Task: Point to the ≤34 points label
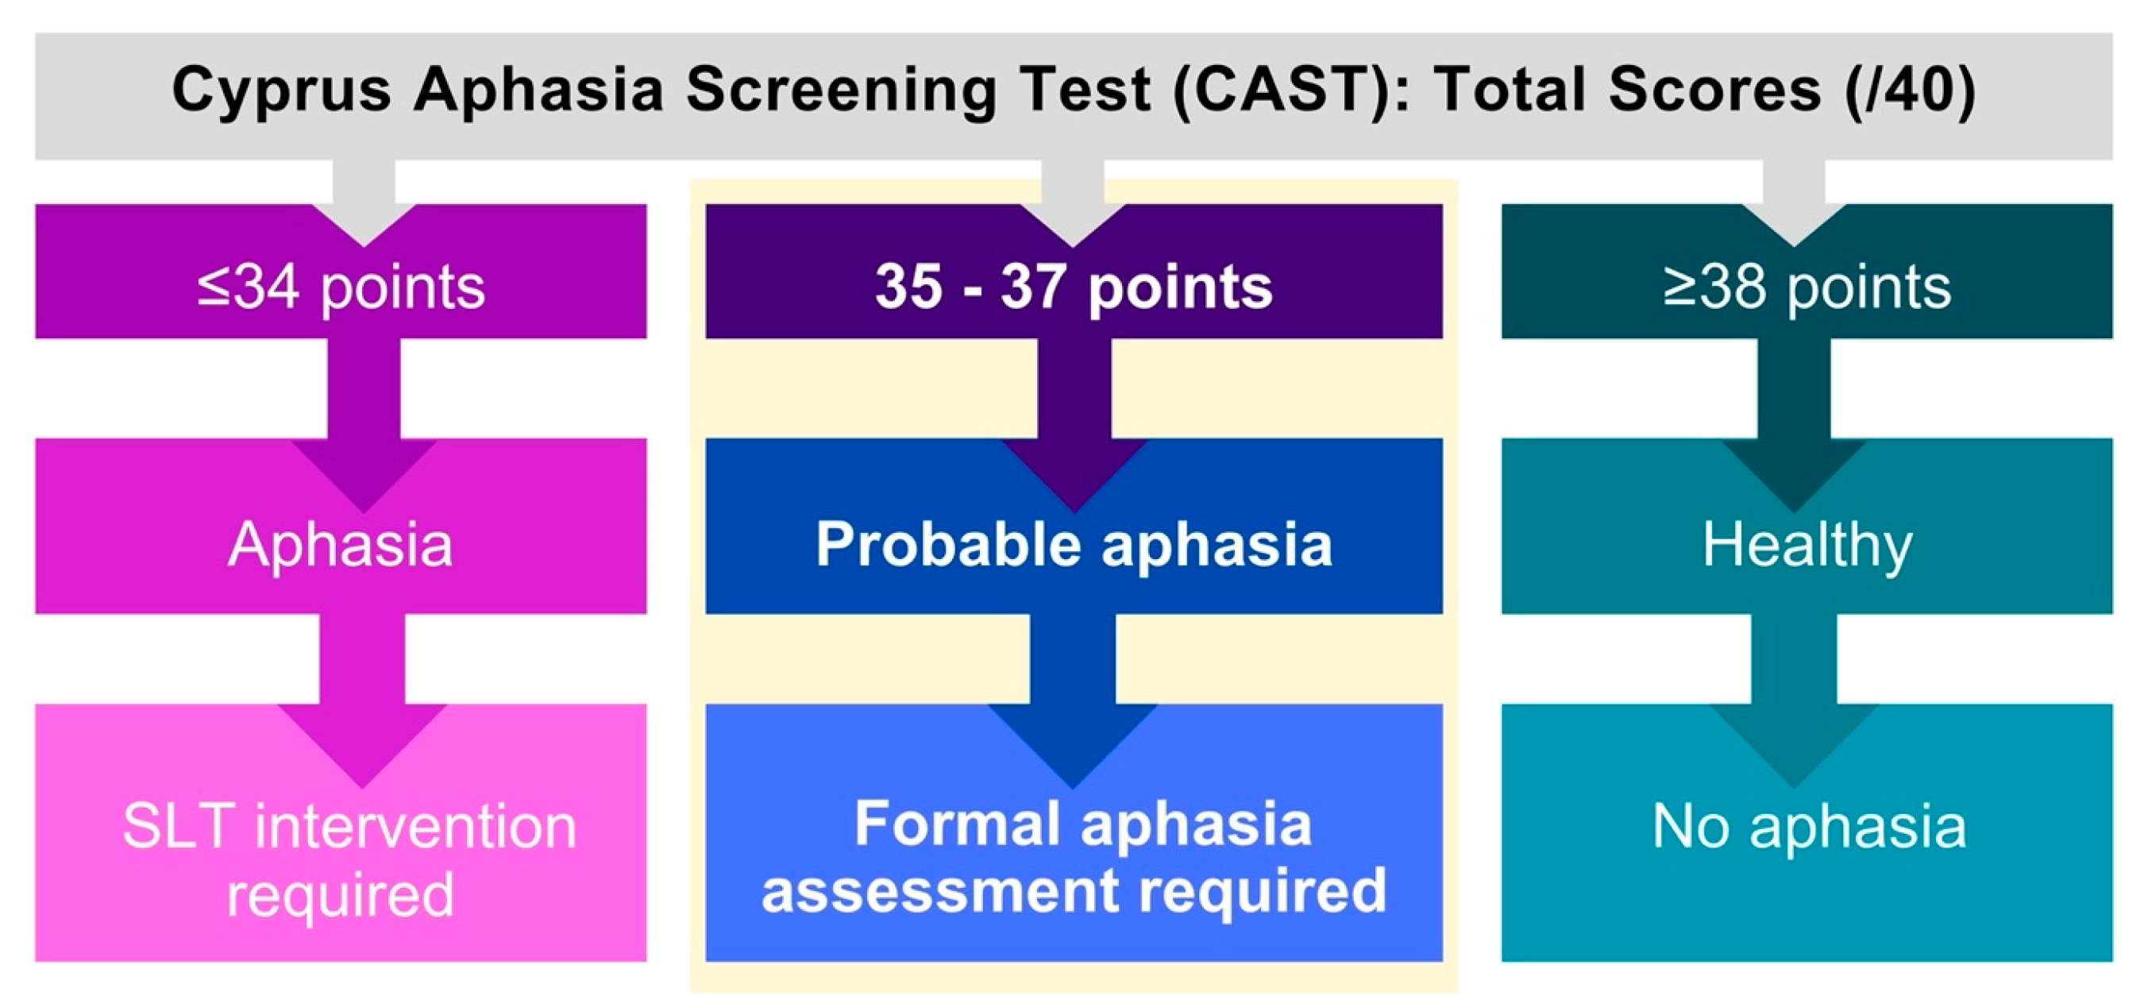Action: pos(341,288)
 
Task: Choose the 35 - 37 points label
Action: pos(1074,287)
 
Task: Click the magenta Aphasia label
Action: pos(341,546)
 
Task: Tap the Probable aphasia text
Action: pos(1074,546)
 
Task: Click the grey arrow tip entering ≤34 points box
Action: pos(364,246)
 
